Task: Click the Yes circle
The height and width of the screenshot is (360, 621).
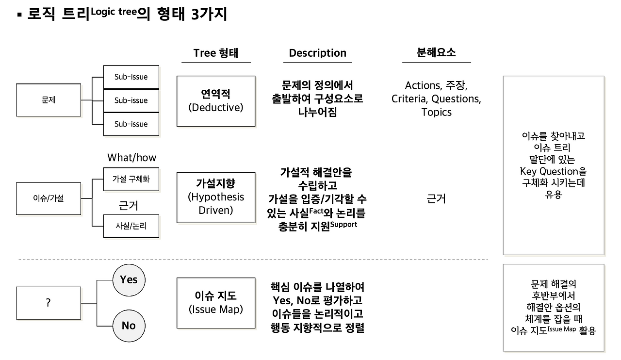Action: pyautogui.click(x=129, y=280)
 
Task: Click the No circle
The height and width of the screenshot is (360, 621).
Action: pyautogui.click(x=129, y=326)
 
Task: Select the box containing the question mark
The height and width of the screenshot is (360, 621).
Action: pyautogui.click(x=48, y=303)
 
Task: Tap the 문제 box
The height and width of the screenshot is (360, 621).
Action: pyautogui.click(x=48, y=100)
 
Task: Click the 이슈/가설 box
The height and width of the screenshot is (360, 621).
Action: pyautogui.click(x=48, y=198)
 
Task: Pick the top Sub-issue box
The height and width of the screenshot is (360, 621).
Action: pyautogui.click(x=131, y=77)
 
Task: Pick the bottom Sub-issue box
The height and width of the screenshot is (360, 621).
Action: pyautogui.click(x=131, y=124)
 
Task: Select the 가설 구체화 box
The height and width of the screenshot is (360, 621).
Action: pyautogui.click(x=131, y=179)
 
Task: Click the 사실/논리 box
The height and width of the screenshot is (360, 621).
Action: pyautogui.click(x=131, y=226)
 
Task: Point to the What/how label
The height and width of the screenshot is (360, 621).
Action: pyautogui.click(x=132, y=158)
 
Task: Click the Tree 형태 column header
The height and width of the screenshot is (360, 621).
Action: pyautogui.click(x=216, y=53)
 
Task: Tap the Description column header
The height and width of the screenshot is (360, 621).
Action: pyautogui.click(x=318, y=53)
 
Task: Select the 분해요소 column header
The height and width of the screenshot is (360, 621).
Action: pyautogui.click(x=436, y=52)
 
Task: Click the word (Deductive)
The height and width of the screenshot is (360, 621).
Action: pyautogui.click(x=216, y=108)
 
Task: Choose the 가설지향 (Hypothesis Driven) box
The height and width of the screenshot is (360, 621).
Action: pyautogui.click(x=216, y=197)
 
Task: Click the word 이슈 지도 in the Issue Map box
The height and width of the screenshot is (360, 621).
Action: pyautogui.click(x=216, y=295)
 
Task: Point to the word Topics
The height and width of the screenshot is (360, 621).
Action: pyautogui.click(x=436, y=112)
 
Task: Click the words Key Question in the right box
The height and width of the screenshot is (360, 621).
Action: pyautogui.click(x=549, y=171)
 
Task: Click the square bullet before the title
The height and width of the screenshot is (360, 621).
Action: pyautogui.click(x=20, y=16)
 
